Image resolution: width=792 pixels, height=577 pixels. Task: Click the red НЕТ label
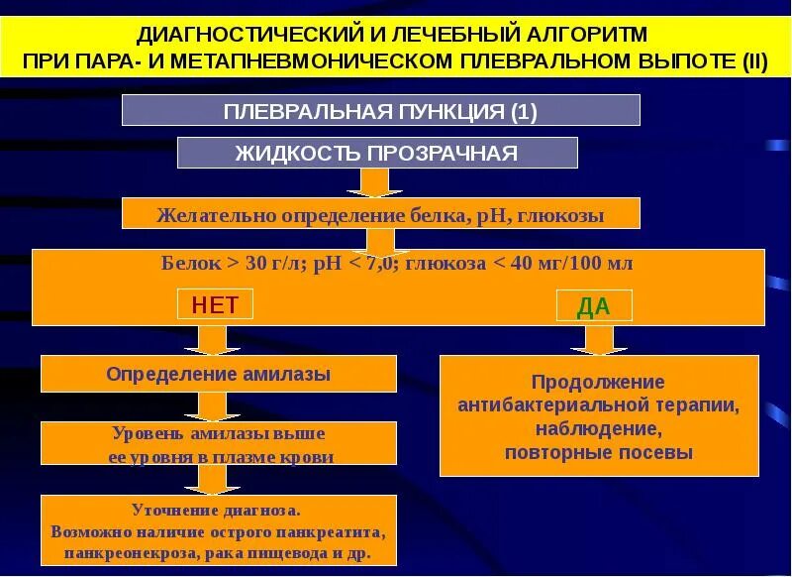click(x=215, y=304)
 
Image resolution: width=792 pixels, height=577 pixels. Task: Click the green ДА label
click(x=593, y=306)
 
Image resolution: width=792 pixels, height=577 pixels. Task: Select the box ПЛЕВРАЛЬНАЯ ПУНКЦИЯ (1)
click(x=381, y=111)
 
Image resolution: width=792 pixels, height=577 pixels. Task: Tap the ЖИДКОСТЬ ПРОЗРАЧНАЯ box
click(x=376, y=153)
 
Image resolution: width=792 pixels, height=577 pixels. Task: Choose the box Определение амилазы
click(x=218, y=374)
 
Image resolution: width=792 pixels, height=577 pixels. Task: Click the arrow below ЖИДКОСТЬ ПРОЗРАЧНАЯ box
click(x=374, y=182)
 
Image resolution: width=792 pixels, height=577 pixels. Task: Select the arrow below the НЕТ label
click(x=212, y=339)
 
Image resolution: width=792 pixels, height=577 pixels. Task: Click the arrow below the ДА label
click(x=598, y=340)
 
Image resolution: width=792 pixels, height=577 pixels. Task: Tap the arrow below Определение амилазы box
click(x=212, y=405)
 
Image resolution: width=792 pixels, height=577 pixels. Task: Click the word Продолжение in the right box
click(x=598, y=382)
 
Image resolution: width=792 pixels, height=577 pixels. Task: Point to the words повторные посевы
click(x=598, y=453)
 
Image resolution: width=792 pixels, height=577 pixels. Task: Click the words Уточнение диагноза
click(x=218, y=510)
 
